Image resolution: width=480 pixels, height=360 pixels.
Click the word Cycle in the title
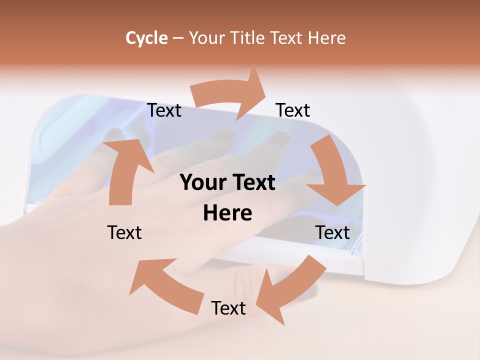pos(146,38)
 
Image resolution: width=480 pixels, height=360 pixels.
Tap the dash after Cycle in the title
pos(178,38)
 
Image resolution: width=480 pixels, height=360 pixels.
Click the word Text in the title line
pos(286,38)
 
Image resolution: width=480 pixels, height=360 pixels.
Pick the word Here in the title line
pos(326,38)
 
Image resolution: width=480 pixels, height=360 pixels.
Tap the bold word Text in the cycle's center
pos(252,182)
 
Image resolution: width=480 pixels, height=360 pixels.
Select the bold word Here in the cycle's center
pos(227,213)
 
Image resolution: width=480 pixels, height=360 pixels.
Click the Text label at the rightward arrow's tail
pos(164,110)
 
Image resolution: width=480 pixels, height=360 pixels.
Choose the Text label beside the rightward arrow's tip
pos(293,110)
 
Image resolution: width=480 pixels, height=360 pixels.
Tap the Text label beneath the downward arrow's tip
pos(332,232)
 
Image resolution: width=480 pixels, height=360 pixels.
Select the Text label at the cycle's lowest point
pos(228,308)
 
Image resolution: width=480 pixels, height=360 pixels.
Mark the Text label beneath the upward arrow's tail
pos(124,232)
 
